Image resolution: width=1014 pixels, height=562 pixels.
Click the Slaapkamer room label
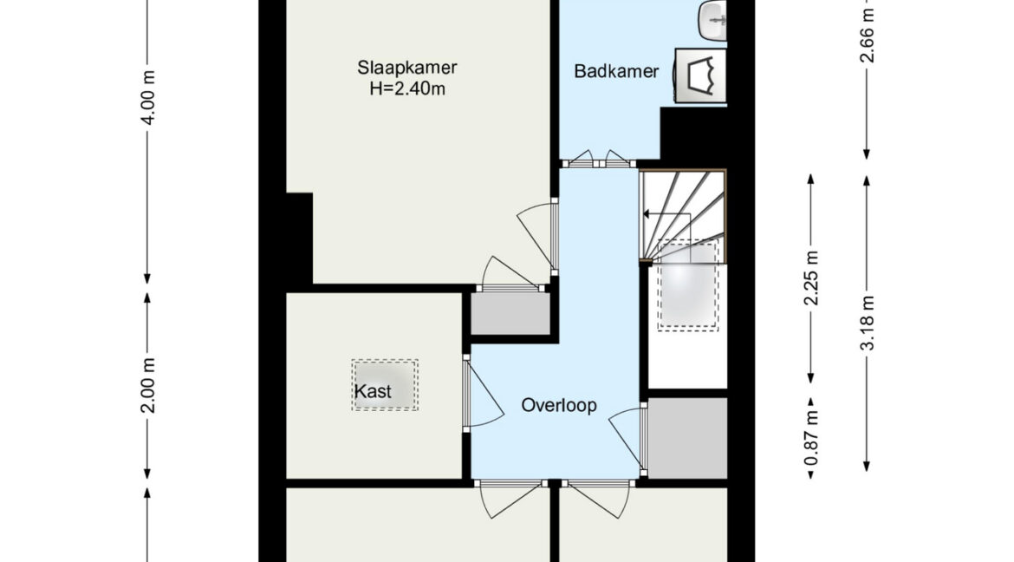[x=407, y=68]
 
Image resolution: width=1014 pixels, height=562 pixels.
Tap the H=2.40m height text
[x=407, y=88]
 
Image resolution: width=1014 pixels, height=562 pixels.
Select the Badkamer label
[x=616, y=71]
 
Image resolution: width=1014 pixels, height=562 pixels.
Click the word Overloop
[x=559, y=406]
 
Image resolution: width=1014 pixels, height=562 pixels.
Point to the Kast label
[x=374, y=392]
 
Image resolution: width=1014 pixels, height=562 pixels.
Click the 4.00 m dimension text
[x=149, y=97]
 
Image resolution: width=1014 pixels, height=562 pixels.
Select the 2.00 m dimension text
[x=149, y=385]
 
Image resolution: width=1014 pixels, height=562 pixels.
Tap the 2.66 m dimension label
[x=868, y=36]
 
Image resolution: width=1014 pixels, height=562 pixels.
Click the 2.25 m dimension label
[x=812, y=278]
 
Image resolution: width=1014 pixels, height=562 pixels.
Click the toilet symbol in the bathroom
[x=700, y=75]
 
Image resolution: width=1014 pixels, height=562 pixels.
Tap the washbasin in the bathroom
[x=713, y=20]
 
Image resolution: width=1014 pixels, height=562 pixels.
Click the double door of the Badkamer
[x=598, y=159]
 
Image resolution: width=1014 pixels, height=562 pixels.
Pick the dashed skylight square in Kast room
[x=385, y=384]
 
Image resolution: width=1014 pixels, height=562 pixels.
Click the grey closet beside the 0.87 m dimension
[x=687, y=438]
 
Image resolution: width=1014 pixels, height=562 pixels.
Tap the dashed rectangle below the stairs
[x=688, y=284]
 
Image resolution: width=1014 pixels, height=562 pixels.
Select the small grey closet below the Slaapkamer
[x=510, y=314]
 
